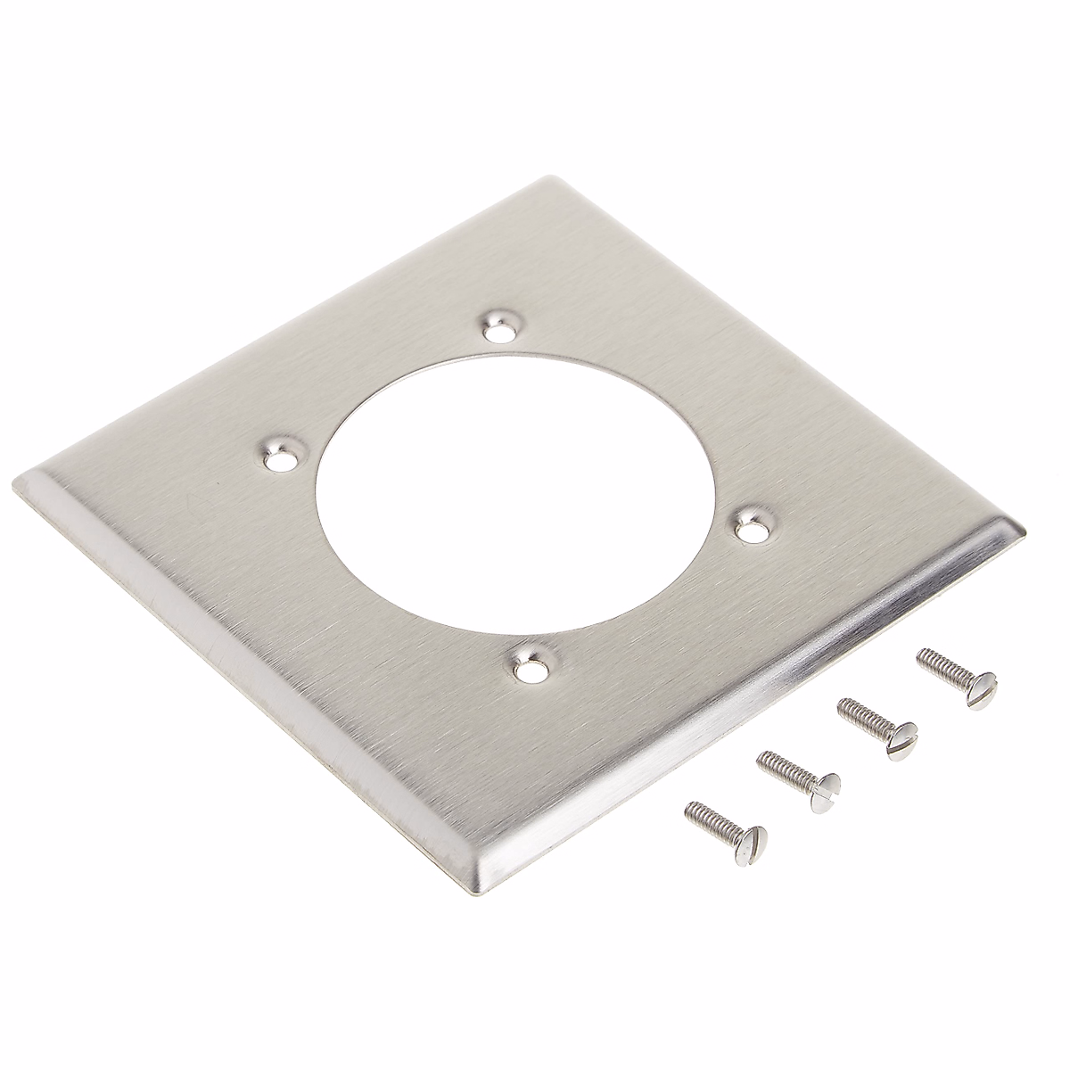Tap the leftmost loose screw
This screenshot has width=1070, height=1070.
click(724, 831)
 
